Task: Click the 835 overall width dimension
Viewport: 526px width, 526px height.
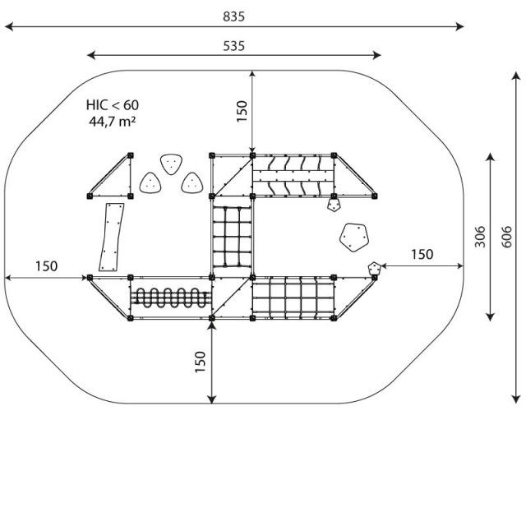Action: click(x=233, y=16)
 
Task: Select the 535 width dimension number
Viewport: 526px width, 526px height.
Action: click(x=233, y=46)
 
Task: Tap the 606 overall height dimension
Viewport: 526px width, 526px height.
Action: click(x=506, y=237)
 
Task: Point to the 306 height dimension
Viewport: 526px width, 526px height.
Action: click(x=480, y=237)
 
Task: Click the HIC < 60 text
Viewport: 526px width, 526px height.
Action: click(x=113, y=105)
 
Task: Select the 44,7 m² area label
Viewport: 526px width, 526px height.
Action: click(x=113, y=121)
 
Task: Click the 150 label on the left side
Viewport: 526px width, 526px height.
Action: click(x=47, y=266)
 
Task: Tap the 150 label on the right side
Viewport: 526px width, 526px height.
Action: click(x=422, y=254)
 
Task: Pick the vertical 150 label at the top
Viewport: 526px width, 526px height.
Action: click(x=242, y=112)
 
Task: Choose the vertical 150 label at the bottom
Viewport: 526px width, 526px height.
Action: click(x=200, y=362)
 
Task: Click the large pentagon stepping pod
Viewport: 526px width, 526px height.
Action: click(x=354, y=238)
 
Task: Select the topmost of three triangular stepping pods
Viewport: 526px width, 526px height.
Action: click(x=171, y=164)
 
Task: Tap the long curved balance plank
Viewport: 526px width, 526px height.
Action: click(x=112, y=237)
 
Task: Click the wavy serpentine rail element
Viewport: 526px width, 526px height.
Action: click(x=170, y=298)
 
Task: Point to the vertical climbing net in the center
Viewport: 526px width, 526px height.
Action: click(x=232, y=237)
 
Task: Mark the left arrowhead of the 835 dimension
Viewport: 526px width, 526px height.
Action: click(x=8, y=26)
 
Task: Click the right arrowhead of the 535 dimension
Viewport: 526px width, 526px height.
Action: click(x=376, y=55)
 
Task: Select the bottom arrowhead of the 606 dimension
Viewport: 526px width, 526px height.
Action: click(x=516, y=399)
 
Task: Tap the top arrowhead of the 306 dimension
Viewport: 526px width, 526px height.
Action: click(x=491, y=157)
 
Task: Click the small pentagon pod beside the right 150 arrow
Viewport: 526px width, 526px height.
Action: click(x=375, y=269)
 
